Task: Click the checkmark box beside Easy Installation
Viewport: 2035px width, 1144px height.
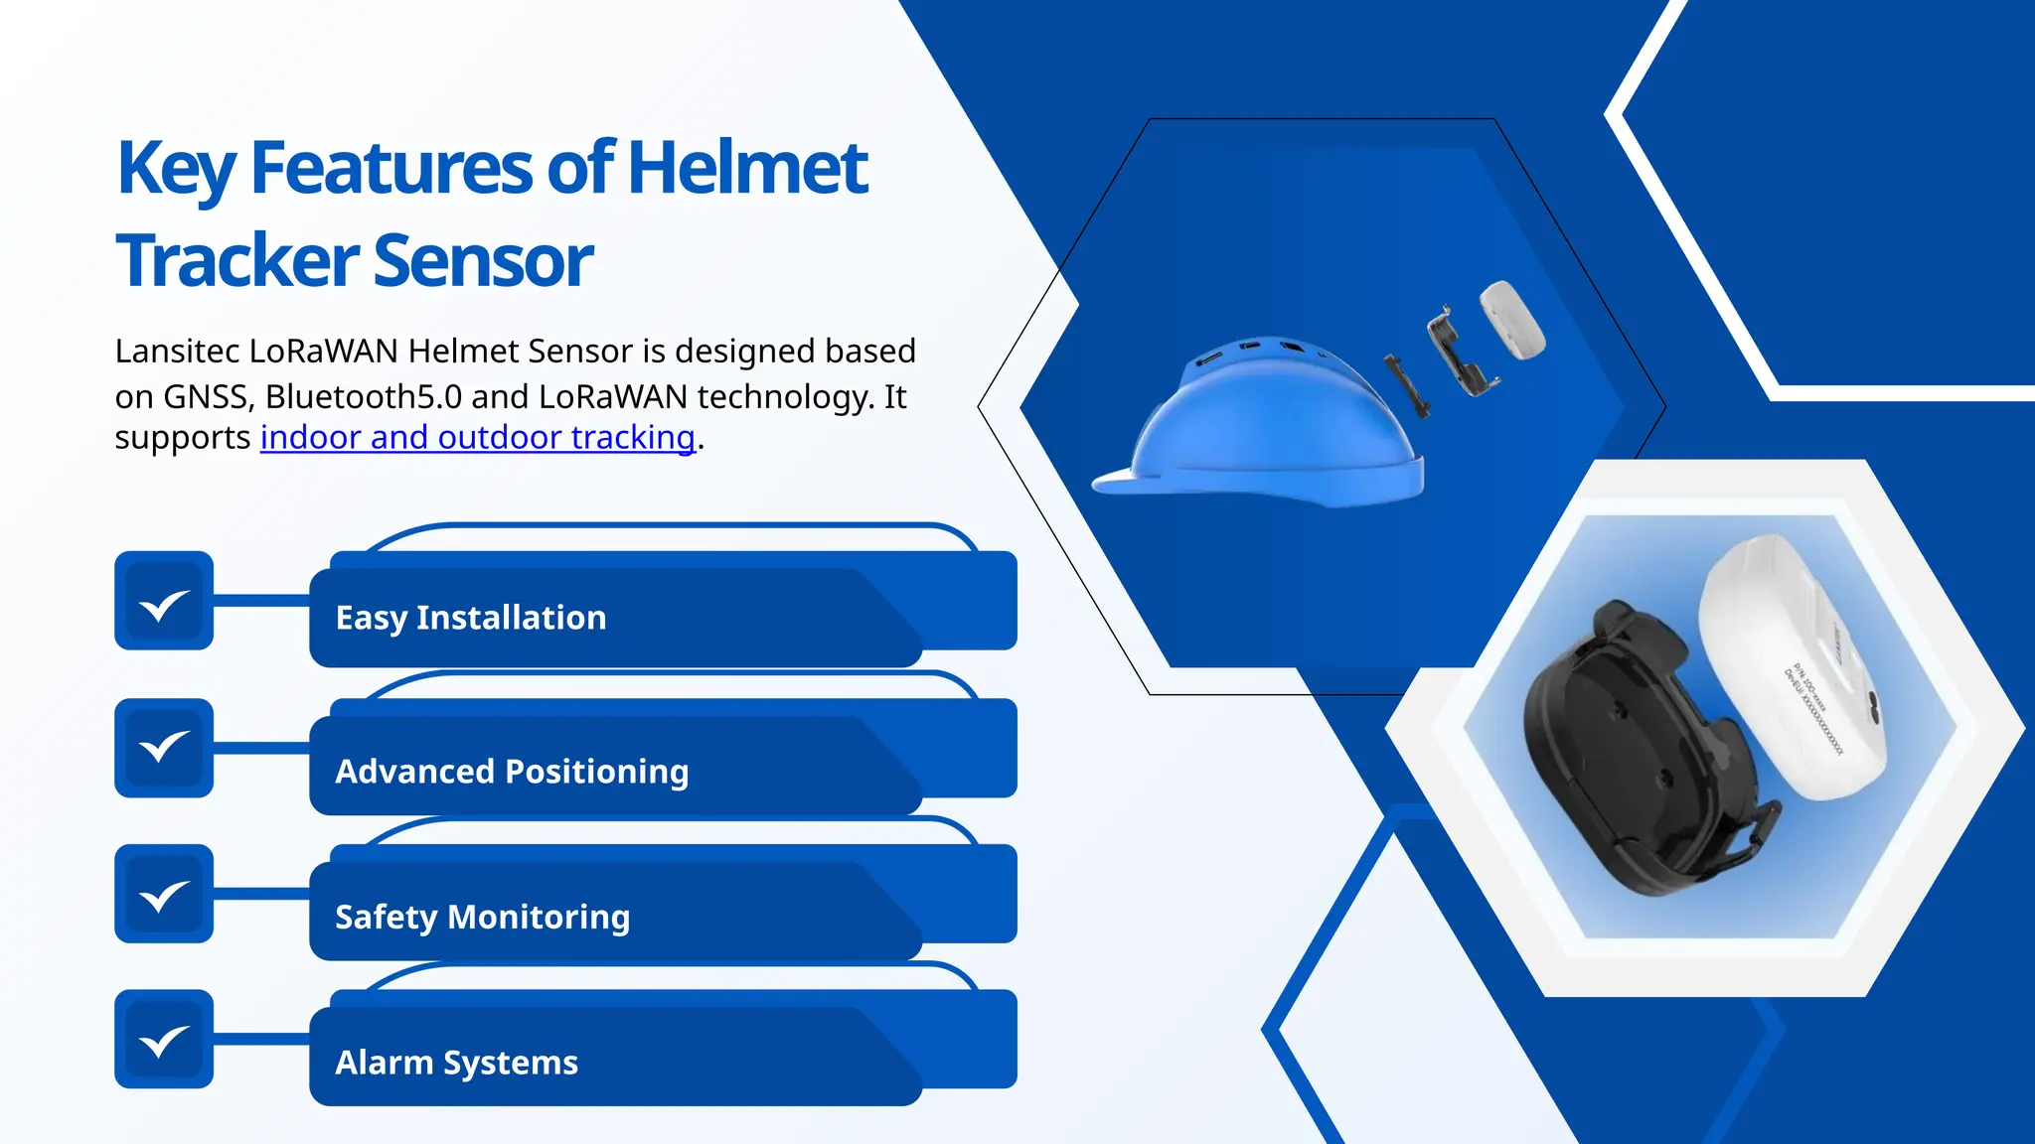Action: click(x=164, y=601)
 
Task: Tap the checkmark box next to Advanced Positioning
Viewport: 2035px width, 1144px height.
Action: click(x=164, y=748)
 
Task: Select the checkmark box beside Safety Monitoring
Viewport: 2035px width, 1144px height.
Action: click(x=164, y=894)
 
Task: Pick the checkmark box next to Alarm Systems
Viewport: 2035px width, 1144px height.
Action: click(x=164, y=1039)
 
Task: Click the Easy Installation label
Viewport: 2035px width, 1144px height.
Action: click(x=471, y=618)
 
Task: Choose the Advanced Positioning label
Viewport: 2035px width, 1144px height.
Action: click(x=512, y=772)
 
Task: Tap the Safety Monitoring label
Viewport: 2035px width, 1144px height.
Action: click(x=482, y=917)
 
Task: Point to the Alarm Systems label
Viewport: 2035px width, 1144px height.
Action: click(x=456, y=1063)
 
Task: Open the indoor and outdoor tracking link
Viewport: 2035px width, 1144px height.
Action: click(x=477, y=437)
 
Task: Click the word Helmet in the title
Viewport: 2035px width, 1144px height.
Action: click(x=747, y=168)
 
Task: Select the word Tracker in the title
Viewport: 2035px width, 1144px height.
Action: click(x=236, y=260)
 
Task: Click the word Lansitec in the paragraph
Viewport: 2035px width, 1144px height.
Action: click(x=176, y=352)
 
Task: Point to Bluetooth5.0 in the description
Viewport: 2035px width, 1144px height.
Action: click(x=364, y=397)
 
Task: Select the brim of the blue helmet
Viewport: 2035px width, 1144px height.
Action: click(x=1133, y=481)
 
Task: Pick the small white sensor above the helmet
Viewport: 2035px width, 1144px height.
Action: click(x=1512, y=319)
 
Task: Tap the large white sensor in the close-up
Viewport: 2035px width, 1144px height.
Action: click(x=1779, y=665)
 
